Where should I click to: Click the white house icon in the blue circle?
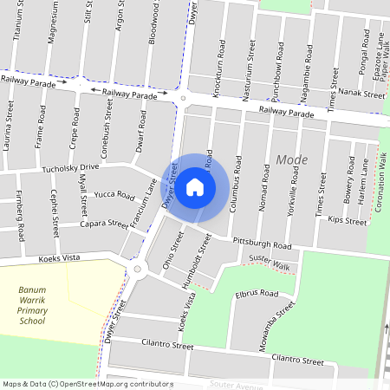[x=196, y=186]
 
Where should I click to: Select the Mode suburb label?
[x=291, y=159]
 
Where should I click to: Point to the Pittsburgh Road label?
[x=259, y=245]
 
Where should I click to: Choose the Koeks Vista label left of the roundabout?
[x=58, y=259]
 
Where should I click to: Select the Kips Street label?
[x=348, y=221]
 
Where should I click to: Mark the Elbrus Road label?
[x=257, y=295]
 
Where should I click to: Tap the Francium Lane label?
[x=142, y=203]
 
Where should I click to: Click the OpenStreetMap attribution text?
[x=87, y=384]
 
